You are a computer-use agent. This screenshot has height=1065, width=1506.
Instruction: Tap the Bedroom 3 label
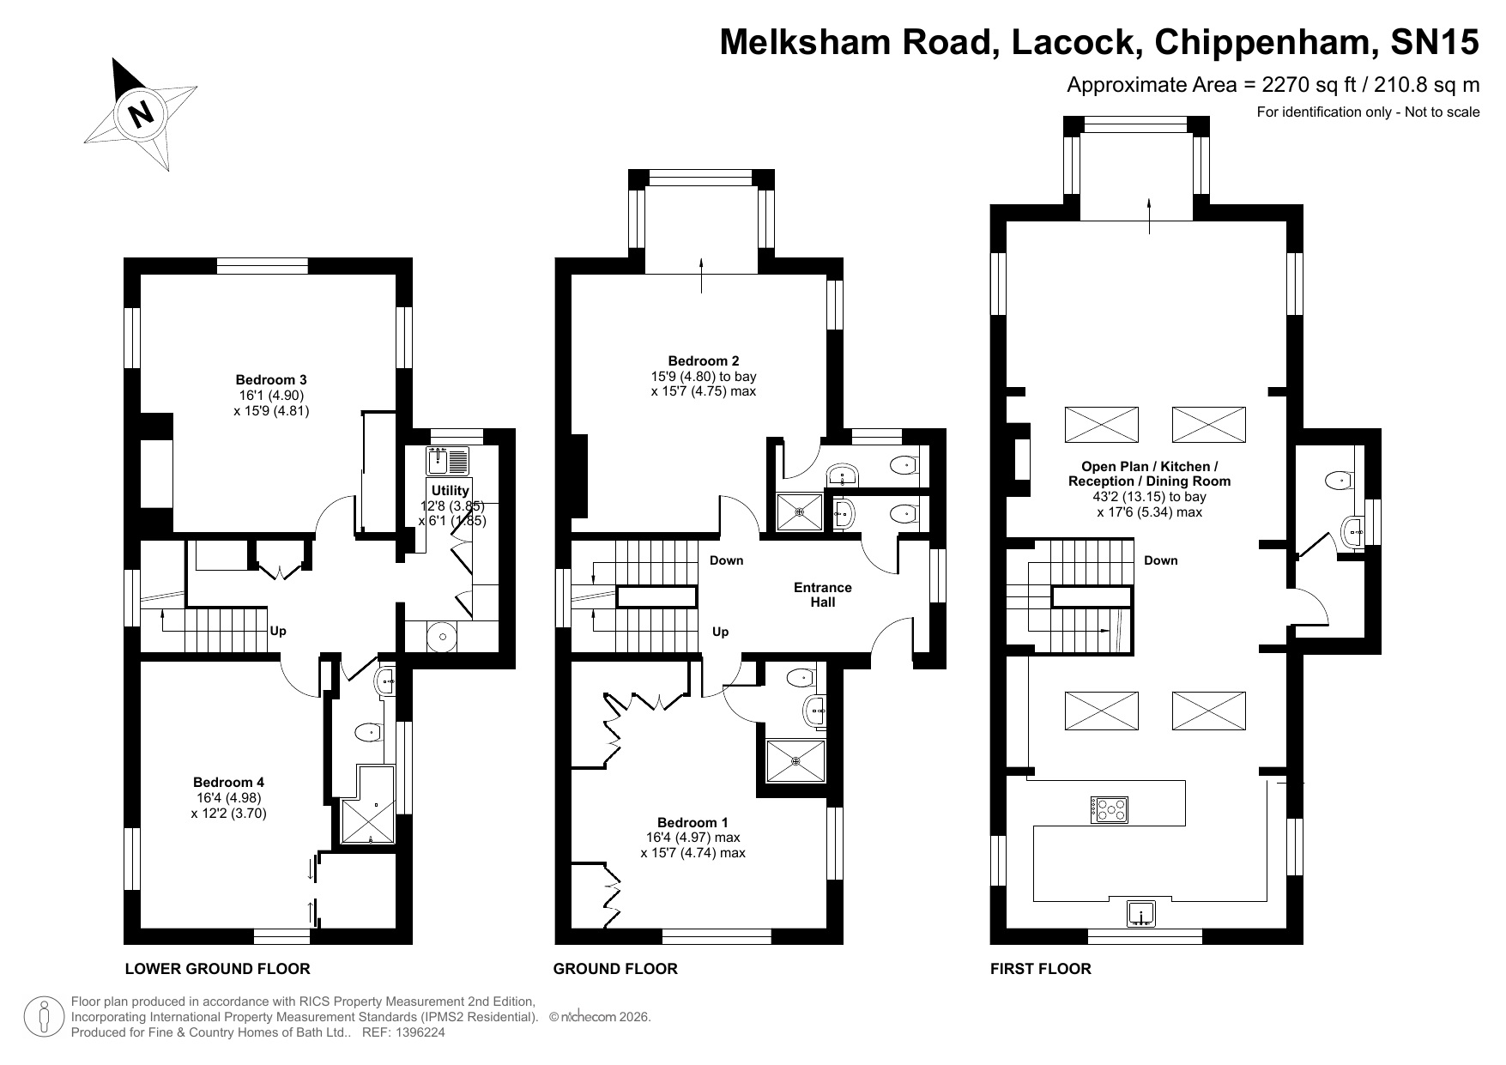pos(271,379)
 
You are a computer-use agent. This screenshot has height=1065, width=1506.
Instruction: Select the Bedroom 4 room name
pos(228,782)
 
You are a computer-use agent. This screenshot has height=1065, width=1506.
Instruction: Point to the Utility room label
pos(451,490)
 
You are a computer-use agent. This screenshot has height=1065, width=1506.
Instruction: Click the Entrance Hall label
pos(822,595)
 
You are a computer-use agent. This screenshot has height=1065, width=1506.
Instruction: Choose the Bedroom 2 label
pos(704,361)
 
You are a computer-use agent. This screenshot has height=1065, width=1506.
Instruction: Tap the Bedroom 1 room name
pos(693,822)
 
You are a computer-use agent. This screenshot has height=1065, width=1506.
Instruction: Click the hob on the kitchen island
pos(1110,809)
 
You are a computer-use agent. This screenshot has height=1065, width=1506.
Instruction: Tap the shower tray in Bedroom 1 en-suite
pos(796,760)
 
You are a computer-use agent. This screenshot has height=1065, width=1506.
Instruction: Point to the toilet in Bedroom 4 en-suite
pos(368,733)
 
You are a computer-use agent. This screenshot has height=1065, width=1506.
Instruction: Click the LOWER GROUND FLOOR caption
pos(218,969)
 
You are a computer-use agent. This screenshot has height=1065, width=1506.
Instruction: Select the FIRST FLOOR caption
pos(1041,969)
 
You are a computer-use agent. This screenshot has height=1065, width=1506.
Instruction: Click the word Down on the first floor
pos(1161,560)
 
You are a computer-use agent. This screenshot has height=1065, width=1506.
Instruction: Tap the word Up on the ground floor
pos(721,632)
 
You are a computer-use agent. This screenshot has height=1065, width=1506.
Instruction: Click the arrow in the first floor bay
pos(1149,215)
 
